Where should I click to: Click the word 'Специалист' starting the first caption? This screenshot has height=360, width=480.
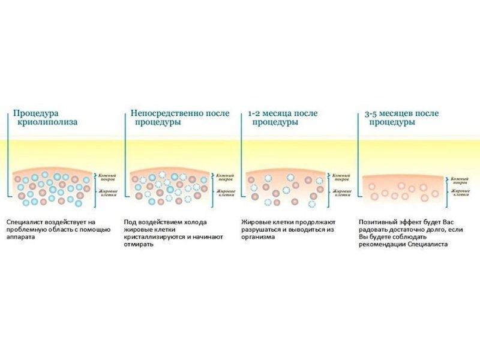coord(23,221)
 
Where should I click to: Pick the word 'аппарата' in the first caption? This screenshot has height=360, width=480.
coord(20,237)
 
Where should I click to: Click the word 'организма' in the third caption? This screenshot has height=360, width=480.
coord(257,237)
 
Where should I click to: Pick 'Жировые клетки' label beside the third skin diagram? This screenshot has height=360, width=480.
coord(343,192)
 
